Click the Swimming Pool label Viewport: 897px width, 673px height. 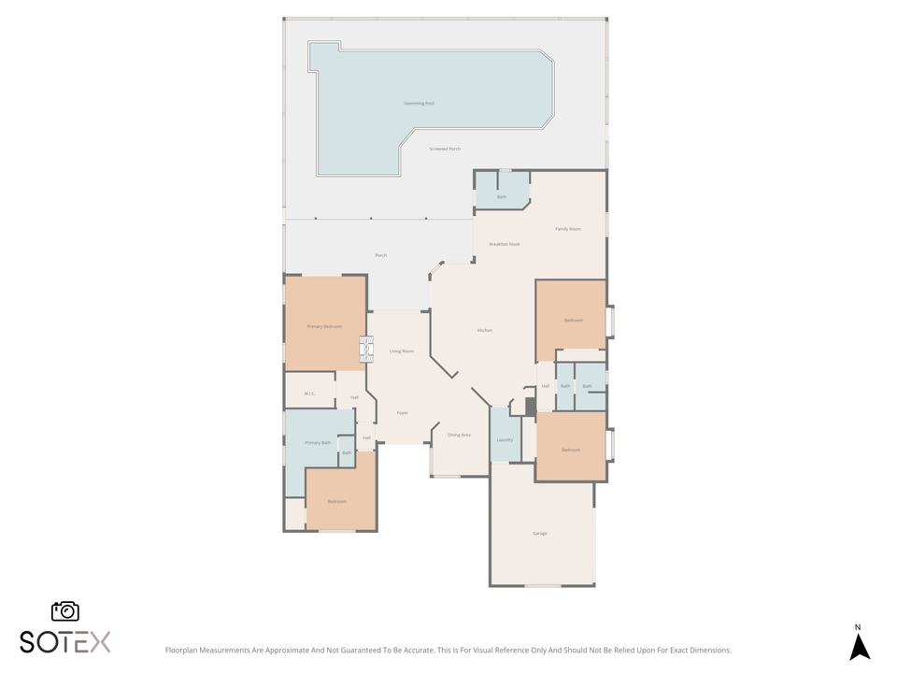[419, 104]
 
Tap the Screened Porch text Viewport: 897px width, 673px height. [445, 149]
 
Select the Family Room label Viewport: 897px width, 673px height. [568, 229]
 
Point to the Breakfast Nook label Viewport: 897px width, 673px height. [505, 244]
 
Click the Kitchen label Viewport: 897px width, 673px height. [485, 331]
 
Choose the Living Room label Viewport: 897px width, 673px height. [402, 351]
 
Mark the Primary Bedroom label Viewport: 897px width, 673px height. [325, 327]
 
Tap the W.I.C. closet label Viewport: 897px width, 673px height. [309, 394]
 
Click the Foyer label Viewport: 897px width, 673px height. [403, 412]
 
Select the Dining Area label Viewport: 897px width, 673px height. [459, 435]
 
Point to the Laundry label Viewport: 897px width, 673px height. [505, 439]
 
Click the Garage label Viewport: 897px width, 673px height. [540, 534]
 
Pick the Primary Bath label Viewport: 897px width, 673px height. [318, 442]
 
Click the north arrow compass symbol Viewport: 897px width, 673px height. [860, 645]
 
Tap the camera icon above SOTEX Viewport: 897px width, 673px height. [65, 611]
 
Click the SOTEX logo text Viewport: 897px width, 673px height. [65, 642]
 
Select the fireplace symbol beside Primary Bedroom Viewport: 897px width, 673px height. [366, 350]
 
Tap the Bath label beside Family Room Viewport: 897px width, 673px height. [502, 197]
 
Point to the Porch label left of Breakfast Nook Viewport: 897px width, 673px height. [381, 255]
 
